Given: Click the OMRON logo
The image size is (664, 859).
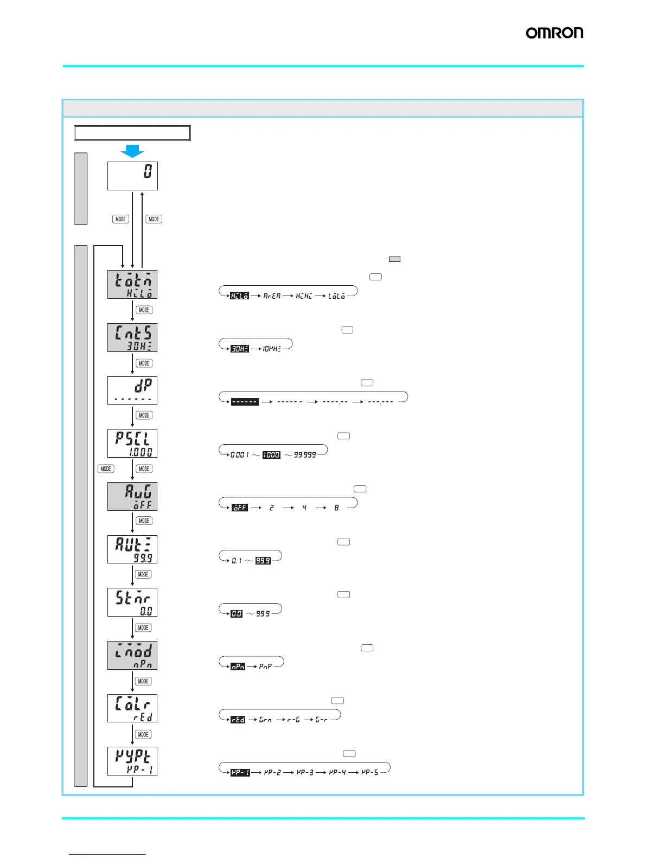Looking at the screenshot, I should click(554, 33).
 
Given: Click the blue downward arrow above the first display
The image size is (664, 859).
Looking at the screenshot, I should click(132, 151).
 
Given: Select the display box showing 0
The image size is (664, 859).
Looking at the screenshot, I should click(132, 176).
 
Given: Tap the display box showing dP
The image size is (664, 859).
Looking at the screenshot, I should click(132, 390).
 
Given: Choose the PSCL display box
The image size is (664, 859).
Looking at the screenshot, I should click(132, 444).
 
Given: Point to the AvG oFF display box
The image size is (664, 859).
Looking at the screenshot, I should click(132, 497).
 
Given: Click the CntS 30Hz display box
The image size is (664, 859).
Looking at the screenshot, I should click(132, 338).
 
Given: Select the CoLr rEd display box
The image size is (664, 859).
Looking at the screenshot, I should click(132, 708).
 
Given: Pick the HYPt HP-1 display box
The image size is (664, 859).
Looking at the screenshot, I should click(132, 761).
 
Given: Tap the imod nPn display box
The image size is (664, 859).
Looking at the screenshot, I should click(132, 655).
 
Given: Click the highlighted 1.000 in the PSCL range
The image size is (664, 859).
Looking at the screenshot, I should click(271, 455).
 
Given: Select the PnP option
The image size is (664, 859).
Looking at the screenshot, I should click(265, 666).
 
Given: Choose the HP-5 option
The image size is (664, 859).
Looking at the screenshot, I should click(370, 772).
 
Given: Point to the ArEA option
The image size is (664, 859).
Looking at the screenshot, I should click(272, 296).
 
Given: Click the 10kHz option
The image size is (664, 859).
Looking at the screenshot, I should click(272, 349).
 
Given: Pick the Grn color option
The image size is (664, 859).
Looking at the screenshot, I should click(265, 720).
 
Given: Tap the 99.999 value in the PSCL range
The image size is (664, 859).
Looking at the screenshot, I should click(305, 455).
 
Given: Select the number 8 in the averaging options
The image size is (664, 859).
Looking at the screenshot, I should click(336, 508).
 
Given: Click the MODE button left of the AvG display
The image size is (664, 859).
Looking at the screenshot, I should click(106, 469).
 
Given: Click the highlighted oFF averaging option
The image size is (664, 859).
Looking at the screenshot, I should click(240, 508).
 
